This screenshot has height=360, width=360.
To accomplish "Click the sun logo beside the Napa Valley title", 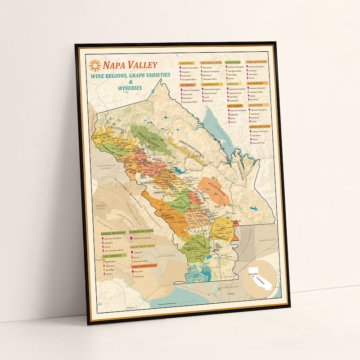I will (x=95, y=66).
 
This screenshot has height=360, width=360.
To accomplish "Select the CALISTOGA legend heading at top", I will (x=186, y=63).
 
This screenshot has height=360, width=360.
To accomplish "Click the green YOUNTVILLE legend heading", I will (x=233, y=63).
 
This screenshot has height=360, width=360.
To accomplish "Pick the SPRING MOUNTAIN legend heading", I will (x=260, y=127).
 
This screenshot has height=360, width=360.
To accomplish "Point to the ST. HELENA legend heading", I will (x=187, y=85).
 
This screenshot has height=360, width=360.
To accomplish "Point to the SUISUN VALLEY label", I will (x=266, y=240).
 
